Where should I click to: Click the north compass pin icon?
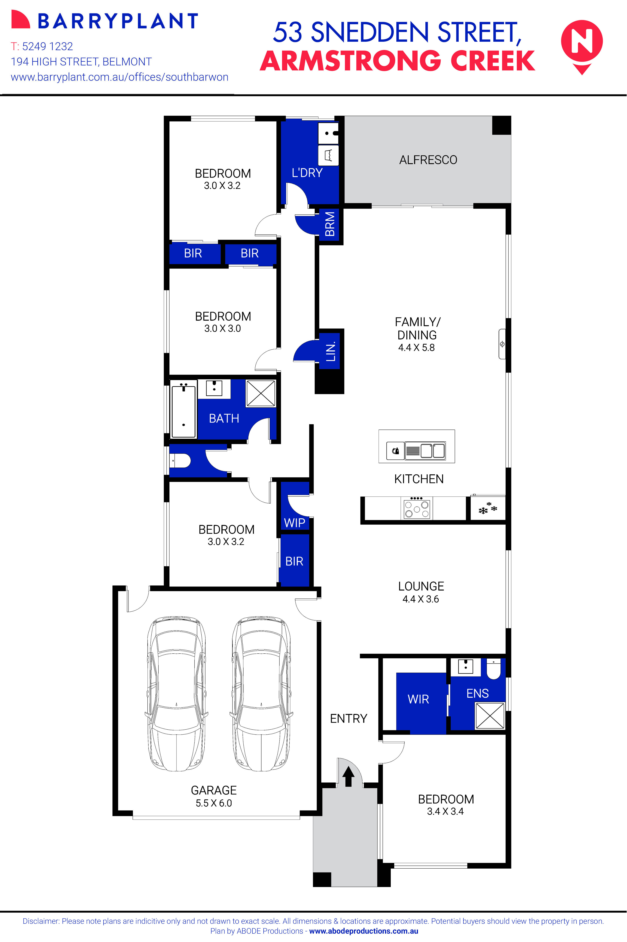[582, 45]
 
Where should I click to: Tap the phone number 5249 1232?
[47, 46]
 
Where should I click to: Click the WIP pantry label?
[294, 523]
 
